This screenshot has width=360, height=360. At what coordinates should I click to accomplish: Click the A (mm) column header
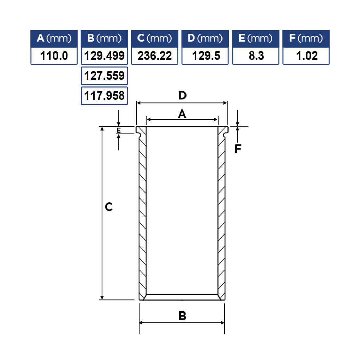(54, 39)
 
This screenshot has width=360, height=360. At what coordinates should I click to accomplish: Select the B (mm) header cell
(104, 39)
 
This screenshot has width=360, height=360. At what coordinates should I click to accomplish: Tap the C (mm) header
(154, 39)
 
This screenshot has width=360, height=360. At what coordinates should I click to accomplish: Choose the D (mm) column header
(205, 39)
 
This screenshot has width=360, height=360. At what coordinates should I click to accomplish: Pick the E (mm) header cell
(256, 39)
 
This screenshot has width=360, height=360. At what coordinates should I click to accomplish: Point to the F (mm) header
(306, 39)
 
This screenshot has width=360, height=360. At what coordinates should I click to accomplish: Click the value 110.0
(54, 56)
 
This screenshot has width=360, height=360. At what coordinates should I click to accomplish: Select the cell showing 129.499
(104, 56)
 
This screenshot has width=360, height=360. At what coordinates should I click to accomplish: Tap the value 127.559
(104, 76)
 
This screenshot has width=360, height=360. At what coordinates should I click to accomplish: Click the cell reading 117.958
(104, 96)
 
